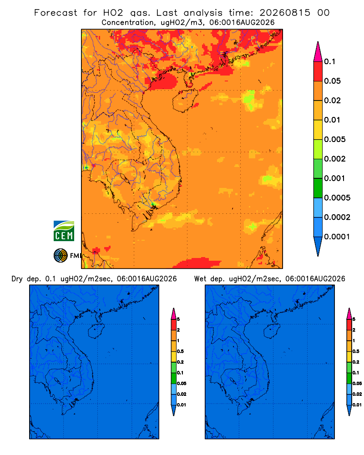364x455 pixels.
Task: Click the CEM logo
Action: click(64, 231)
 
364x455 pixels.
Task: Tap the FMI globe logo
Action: click(61, 255)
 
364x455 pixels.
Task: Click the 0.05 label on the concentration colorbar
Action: click(332, 81)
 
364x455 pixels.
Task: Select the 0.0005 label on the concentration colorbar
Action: click(337, 198)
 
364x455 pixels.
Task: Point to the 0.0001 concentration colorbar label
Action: click(337, 237)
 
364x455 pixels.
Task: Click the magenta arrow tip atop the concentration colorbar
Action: click(318, 42)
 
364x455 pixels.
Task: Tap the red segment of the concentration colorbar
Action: click(318, 71)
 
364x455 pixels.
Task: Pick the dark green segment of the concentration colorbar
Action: click(318, 188)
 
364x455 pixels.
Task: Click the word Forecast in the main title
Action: click(56, 13)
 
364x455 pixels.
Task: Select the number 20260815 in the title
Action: click(285, 13)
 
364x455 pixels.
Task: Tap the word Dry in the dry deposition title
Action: click(17, 279)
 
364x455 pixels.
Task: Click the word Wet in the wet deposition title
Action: click(200, 279)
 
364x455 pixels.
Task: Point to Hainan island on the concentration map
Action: click(185, 101)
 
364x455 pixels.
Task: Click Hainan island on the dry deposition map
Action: click(96, 331)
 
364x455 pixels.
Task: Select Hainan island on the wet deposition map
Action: click(272, 331)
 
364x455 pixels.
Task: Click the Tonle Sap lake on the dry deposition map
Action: click(57, 380)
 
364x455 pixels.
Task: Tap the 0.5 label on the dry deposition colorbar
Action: click(180, 351)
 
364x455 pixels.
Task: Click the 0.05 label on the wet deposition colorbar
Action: click(357, 383)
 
